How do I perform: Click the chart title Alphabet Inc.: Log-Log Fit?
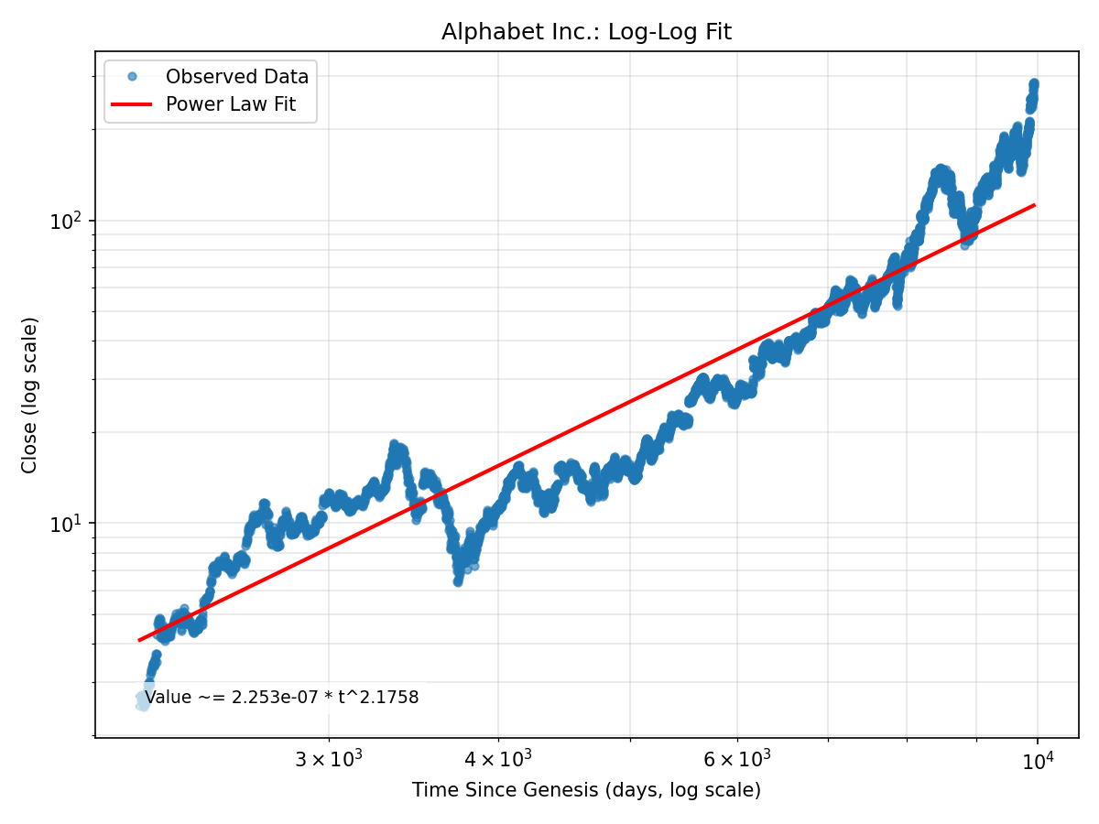(x=586, y=32)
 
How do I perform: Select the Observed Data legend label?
(x=237, y=77)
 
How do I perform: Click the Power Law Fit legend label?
(x=231, y=104)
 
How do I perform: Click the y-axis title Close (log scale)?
(x=30, y=396)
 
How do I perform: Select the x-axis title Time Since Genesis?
(x=586, y=790)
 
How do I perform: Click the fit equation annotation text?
(x=282, y=698)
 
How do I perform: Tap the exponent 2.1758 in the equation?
(x=390, y=698)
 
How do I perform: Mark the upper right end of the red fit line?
(x=1035, y=205)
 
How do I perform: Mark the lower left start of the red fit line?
(x=139, y=640)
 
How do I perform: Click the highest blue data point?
(x=1034, y=83)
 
